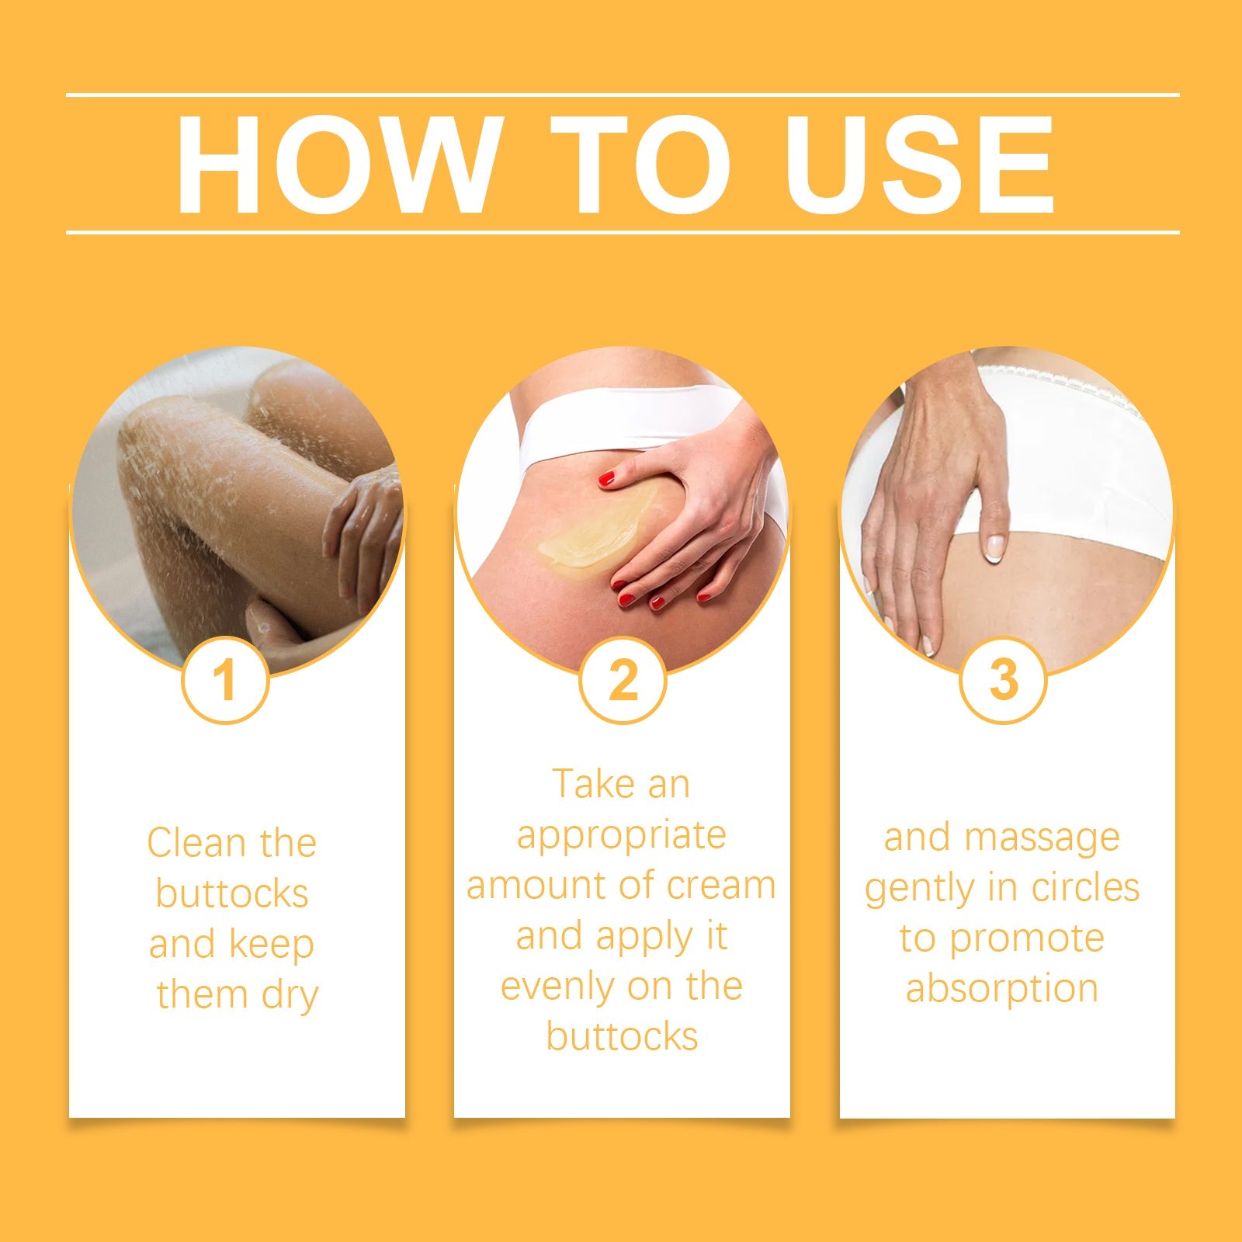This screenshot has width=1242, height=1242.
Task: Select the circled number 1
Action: [x=225, y=681]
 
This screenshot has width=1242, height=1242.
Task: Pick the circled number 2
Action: [x=623, y=681]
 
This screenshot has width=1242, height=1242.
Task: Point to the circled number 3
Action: [x=1003, y=681]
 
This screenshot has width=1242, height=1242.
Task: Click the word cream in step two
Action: [x=720, y=886]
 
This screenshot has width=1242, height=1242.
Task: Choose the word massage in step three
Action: [x=1042, y=838]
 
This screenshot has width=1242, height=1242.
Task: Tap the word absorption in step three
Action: [x=1001, y=989]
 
